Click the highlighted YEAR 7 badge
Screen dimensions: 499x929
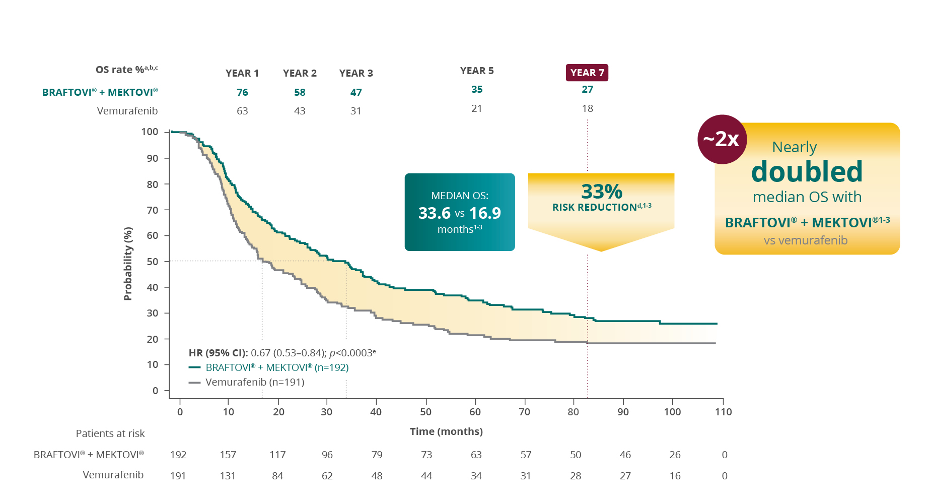[587, 73]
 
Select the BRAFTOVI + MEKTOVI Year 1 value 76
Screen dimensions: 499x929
[242, 92]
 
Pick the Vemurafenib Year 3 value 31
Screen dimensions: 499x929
[356, 111]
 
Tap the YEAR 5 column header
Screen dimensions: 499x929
[477, 71]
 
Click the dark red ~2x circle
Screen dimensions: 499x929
[722, 139]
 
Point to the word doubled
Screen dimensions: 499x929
[807, 171]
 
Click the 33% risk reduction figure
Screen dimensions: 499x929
[602, 192]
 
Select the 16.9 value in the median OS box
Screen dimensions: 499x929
[485, 213]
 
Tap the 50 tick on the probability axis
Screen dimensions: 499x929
[152, 262]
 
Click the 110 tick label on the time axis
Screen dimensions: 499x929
[723, 412]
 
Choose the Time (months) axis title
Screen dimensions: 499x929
[446, 431]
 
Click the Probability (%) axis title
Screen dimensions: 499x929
[128, 264]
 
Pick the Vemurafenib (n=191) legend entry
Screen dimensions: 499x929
[255, 382]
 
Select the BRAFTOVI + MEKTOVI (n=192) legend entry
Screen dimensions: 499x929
[277, 367]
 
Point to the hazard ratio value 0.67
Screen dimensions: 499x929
[260, 353]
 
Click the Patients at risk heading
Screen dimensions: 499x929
[110, 433]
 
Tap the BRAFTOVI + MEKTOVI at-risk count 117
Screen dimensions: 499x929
[277, 455]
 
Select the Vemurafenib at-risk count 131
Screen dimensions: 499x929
[228, 476]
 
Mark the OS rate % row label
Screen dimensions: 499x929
[126, 70]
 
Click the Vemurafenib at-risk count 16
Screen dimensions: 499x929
[675, 476]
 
